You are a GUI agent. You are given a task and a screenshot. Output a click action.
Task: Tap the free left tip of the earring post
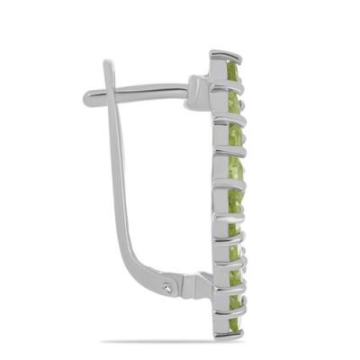click(x=87, y=100)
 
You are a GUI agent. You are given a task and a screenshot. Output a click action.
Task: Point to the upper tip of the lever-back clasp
click(x=108, y=64)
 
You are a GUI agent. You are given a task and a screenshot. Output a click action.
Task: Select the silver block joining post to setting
click(x=200, y=93)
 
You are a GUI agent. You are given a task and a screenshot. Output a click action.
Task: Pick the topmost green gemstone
click(x=233, y=72)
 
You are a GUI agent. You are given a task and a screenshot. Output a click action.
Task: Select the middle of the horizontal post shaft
click(x=148, y=91)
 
